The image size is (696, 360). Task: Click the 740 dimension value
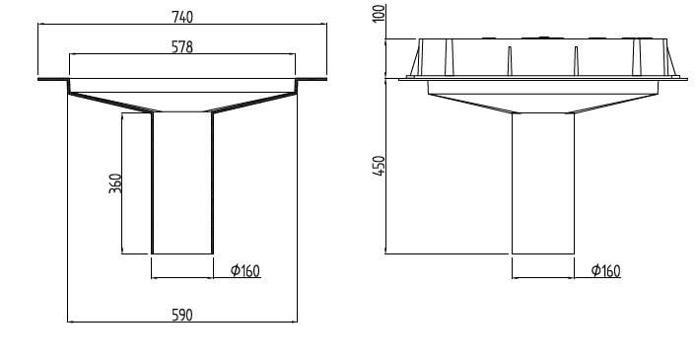coord(181,17)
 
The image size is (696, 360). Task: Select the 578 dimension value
coord(181,45)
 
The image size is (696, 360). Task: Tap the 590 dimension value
coord(182,315)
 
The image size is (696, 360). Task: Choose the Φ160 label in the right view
coord(605,270)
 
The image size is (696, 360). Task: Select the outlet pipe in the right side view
coord(542,182)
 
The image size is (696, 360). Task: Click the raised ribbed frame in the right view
coord(542,59)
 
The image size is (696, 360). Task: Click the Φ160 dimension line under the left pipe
coord(182,278)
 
